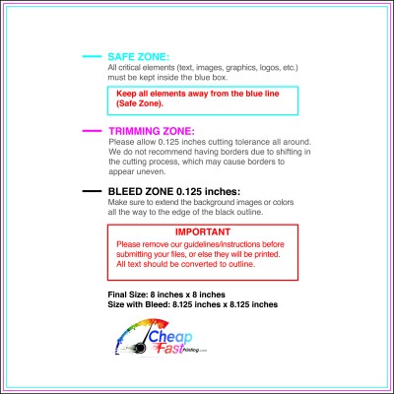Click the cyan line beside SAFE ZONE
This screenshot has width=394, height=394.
91,57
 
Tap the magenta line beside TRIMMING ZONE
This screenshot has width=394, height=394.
91,130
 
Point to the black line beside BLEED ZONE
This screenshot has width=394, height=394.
91,190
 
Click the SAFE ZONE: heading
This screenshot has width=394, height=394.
137,57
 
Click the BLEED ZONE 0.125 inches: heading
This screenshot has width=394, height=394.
173,190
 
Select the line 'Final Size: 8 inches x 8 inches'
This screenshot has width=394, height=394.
166,295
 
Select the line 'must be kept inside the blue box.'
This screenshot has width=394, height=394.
163,75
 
